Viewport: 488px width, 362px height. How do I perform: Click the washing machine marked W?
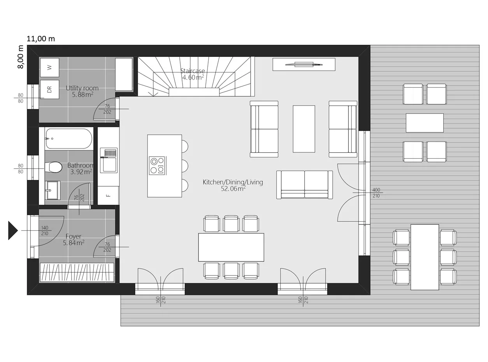(x=49, y=67)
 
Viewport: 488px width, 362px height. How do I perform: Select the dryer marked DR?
(x=49, y=89)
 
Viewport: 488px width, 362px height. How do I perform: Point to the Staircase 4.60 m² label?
(x=193, y=74)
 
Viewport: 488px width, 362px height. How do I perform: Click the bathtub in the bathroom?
(x=68, y=139)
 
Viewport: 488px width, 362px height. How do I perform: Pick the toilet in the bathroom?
(x=53, y=167)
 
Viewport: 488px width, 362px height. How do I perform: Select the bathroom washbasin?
(x=53, y=191)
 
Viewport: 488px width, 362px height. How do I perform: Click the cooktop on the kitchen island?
(x=157, y=166)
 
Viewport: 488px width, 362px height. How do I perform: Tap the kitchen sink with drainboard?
(x=109, y=160)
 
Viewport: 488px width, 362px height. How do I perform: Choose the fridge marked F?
(x=108, y=196)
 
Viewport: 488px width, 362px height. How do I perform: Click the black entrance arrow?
(x=13, y=230)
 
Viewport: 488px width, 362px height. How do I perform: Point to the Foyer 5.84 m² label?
(x=74, y=240)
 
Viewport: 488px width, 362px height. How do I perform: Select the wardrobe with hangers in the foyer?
(x=77, y=272)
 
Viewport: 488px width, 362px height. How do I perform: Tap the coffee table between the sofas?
(x=304, y=129)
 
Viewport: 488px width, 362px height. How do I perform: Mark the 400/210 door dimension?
(x=376, y=193)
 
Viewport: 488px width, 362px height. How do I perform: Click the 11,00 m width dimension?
(x=41, y=39)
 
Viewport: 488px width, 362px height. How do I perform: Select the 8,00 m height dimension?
(x=21, y=57)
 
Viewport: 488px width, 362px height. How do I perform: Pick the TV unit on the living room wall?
(x=304, y=65)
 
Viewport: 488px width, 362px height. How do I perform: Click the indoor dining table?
(x=231, y=247)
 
